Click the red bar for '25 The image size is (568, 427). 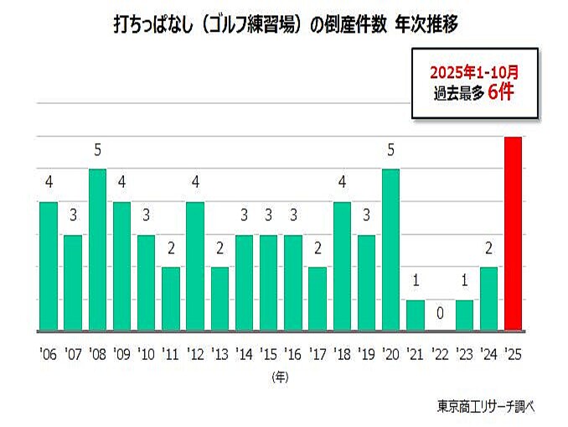514,234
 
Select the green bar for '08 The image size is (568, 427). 98,250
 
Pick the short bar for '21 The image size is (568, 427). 416,315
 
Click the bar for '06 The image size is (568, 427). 49,267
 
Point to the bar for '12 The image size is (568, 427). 195,267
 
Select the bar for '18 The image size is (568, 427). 342,267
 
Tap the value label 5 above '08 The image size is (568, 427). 98,151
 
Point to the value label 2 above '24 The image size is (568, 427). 488,249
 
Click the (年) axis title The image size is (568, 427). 280,377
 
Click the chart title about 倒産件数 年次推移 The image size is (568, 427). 285,25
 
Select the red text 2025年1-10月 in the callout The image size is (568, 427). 474,71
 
